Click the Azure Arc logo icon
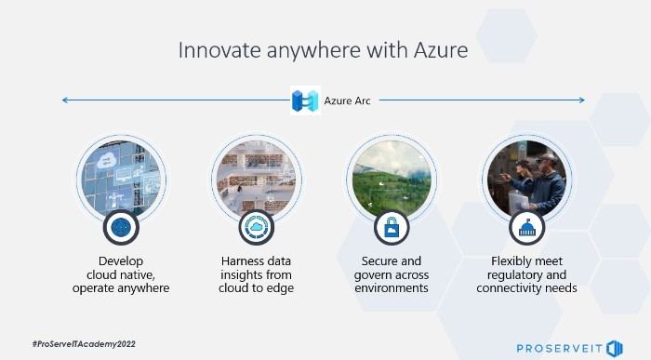(304, 100)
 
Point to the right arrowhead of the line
(582, 100)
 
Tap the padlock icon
(391, 227)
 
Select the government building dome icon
(526, 227)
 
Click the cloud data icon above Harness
(256, 227)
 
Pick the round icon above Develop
(121, 227)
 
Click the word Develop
(121, 260)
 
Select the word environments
(392, 288)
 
